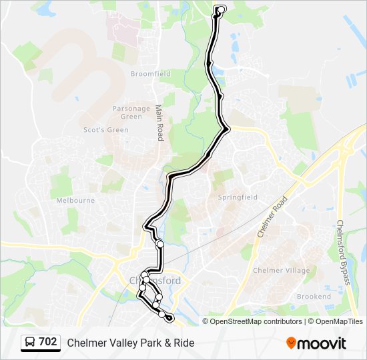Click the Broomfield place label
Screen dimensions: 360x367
point(150,73)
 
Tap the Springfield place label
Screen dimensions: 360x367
point(238,197)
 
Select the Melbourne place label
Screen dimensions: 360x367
point(75,200)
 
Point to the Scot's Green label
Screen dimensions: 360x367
point(105,130)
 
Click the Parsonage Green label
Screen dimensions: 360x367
point(131,112)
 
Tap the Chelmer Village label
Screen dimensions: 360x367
point(281,270)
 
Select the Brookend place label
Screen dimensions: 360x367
point(314,296)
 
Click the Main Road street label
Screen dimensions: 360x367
point(159,122)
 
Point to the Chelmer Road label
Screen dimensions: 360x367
point(272,217)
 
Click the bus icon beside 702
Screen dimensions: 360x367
point(30,343)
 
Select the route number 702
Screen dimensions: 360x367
point(48,342)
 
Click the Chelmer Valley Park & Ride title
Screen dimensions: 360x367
point(131,343)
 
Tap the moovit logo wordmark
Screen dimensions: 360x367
point(322,343)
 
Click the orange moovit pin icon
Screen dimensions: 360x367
point(291,343)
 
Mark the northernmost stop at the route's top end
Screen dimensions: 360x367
point(220,9)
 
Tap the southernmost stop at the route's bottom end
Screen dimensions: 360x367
point(169,319)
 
